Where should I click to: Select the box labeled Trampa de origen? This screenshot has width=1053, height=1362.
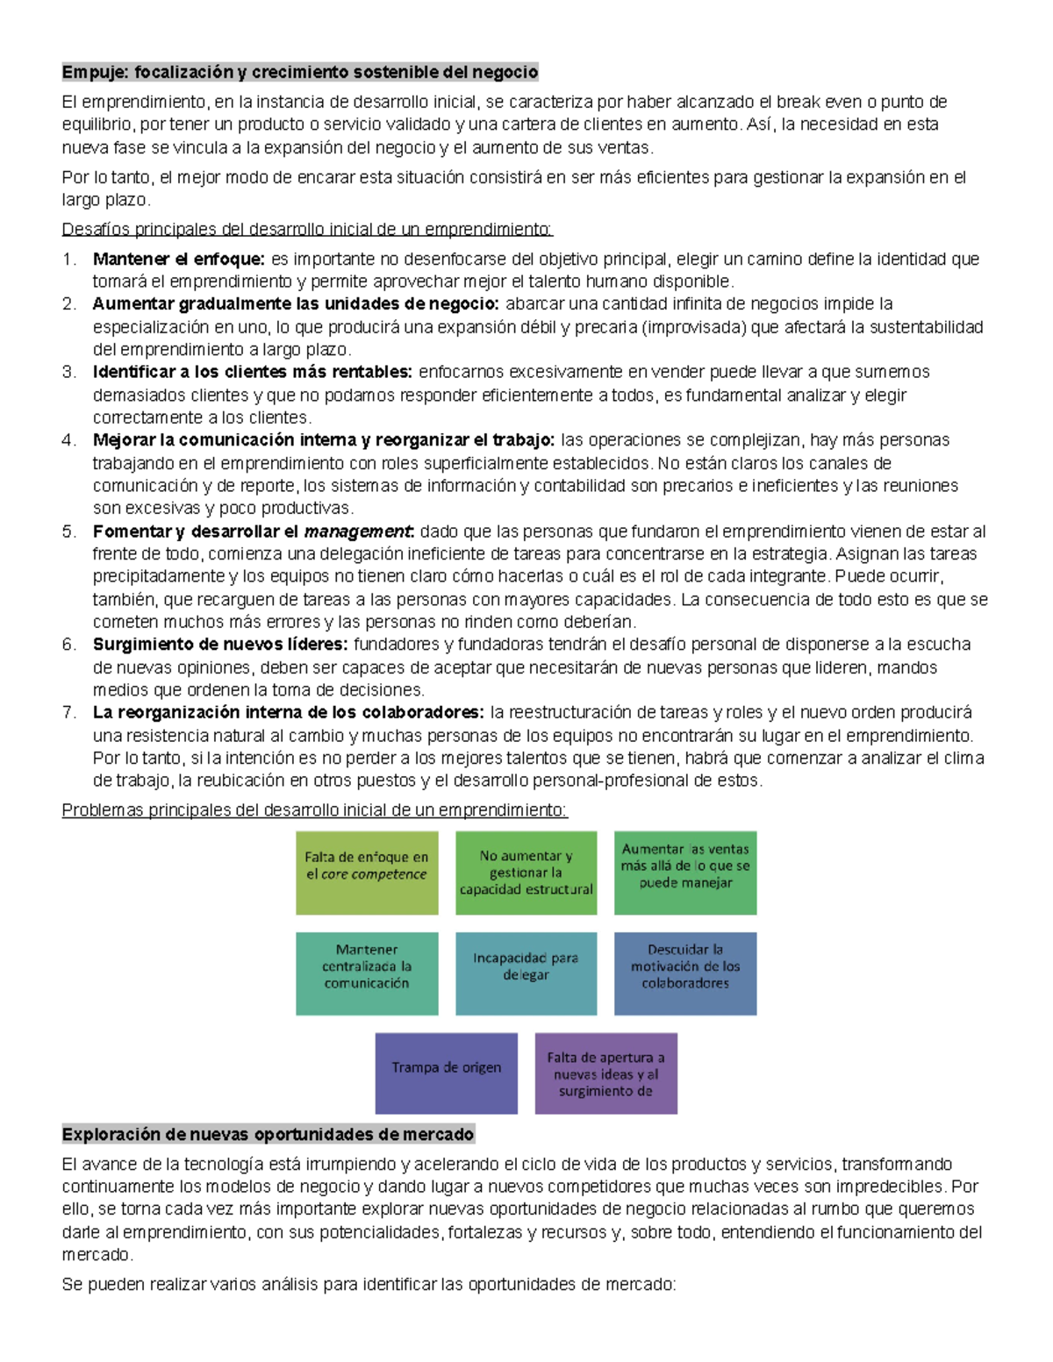point(446,1073)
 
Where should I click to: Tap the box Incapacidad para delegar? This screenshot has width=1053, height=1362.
point(526,973)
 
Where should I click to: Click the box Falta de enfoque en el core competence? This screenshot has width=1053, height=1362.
point(367,873)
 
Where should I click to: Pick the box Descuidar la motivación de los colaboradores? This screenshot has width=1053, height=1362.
point(684,973)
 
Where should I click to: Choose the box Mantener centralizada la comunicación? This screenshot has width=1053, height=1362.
point(367,973)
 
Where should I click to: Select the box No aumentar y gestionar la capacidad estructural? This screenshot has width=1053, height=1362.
point(526,873)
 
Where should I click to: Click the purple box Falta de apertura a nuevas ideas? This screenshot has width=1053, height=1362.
point(605,1073)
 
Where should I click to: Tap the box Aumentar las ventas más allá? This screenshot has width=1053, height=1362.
point(684,873)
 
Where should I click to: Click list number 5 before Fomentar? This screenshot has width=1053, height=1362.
point(68,531)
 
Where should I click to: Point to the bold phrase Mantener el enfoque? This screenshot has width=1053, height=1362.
point(179,259)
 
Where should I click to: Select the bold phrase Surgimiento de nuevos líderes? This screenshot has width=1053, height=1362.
point(220,645)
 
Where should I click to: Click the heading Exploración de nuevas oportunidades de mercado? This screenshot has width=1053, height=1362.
point(268,1134)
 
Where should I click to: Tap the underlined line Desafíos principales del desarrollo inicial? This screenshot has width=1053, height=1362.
point(307,230)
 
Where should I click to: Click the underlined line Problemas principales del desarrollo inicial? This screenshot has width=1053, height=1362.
point(314,810)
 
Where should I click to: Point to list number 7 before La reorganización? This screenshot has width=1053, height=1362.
point(68,712)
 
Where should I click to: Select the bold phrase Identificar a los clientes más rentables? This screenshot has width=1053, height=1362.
point(252,372)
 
